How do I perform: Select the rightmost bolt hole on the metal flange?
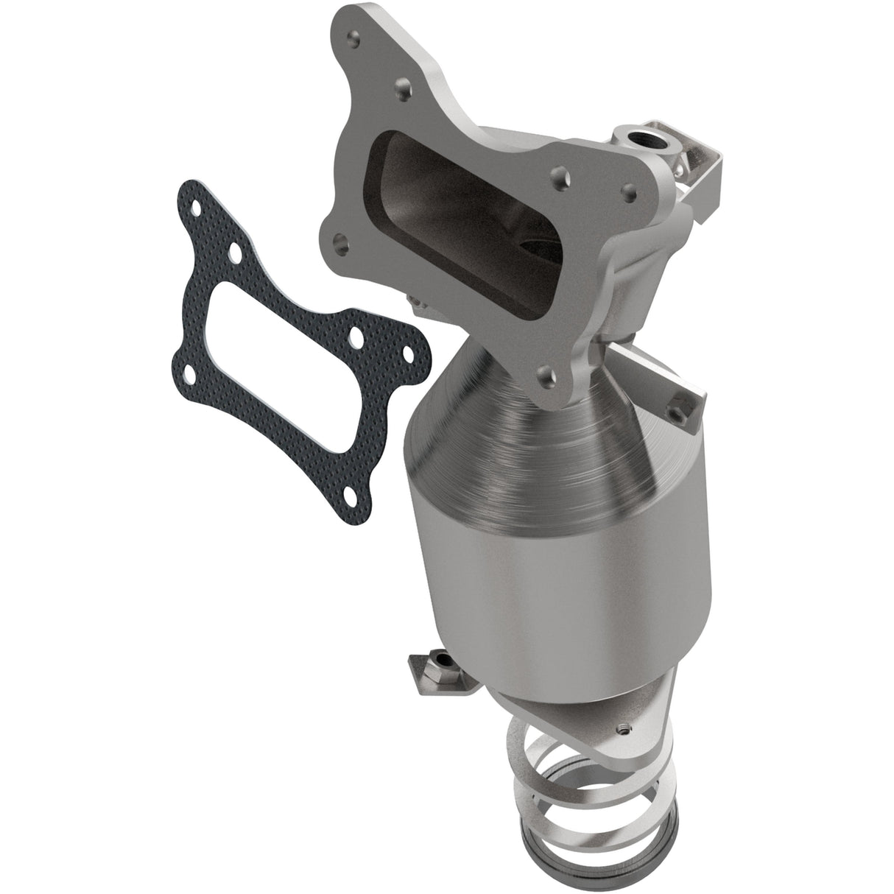[x=627, y=189]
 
